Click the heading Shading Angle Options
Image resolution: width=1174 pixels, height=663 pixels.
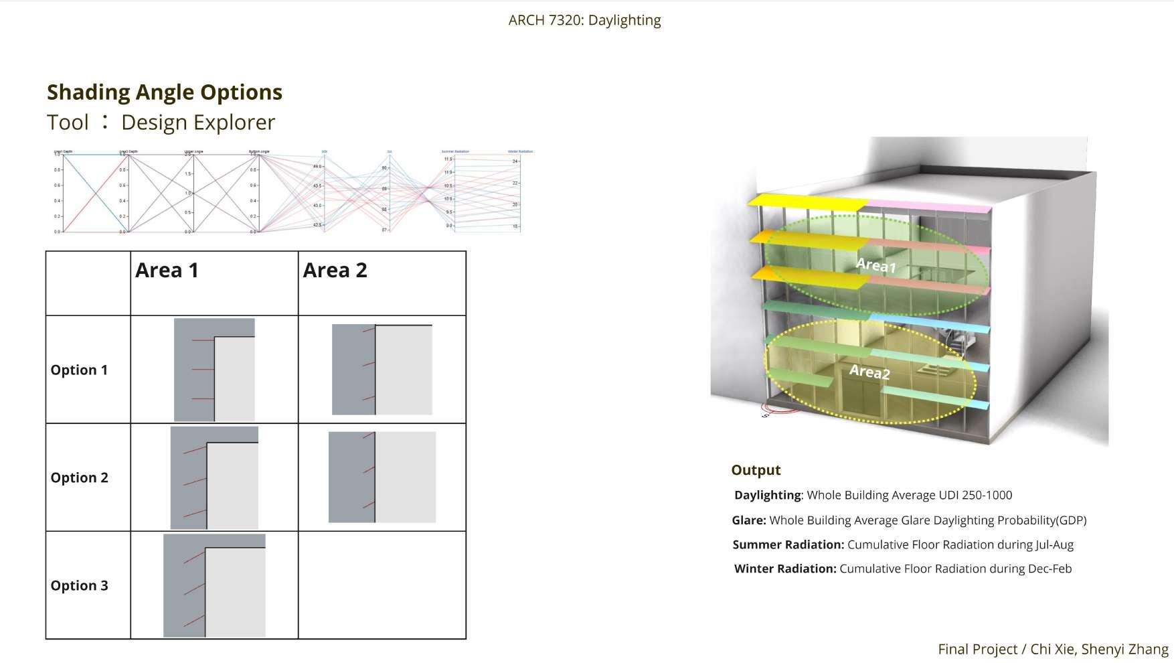click(x=165, y=92)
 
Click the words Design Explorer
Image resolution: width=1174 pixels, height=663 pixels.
click(x=198, y=123)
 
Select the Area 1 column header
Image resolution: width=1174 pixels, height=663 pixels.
click(x=167, y=271)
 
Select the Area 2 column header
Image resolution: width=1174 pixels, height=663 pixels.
click(x=335, y=271)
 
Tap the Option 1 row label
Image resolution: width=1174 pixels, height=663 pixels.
click(x=79, y=370)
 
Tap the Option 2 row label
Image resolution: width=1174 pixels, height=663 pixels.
click(x=79, y=478)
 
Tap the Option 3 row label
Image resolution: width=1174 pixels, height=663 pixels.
click(x=79, y=586)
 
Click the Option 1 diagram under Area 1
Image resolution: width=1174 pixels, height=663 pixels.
click(x=214, y=370)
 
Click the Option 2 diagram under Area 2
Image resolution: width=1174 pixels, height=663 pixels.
click(x=382, y=477)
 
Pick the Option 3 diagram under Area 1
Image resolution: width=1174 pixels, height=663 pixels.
click(x=214, y=585)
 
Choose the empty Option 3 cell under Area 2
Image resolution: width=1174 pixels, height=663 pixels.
click(x=382, y=585)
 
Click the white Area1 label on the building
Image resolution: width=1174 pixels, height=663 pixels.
click(x=875, y=266)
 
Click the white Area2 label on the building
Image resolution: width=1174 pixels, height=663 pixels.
click(x=869, y=372)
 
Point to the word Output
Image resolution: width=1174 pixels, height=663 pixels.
click(x=756, y=470)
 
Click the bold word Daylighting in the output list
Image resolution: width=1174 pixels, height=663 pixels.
click(x=767, y=496)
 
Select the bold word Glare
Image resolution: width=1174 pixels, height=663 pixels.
click(x=748, y=520)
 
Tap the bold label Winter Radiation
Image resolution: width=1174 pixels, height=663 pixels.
click(x=785, y=569)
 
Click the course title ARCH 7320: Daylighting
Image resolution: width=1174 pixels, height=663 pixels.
click(x=584, y=21)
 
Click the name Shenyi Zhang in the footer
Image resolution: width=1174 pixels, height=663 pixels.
click(x=1124, y=650)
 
